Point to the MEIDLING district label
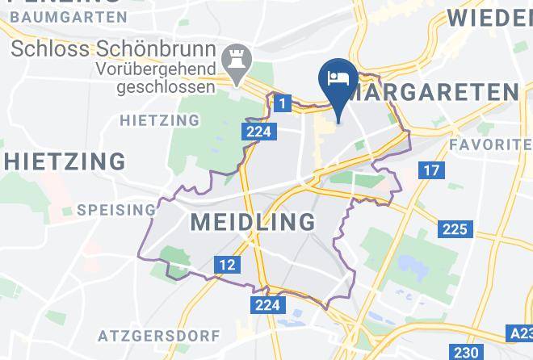pyautogui.click(x=253, y=221)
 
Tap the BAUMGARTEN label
pyautogui.click(x=69, y=16)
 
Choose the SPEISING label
pyautogui.click(x=116, y=210)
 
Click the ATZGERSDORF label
pyautogui.click(x=147, y=334)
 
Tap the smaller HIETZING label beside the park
pyautogui.click(x=159, y=120)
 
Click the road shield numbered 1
pyautogui.click(x=281, y=103)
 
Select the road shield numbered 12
pyautogui.click(x=227, y=264)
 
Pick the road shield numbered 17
pyautogui.click(x=432, y=170)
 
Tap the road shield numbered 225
pyautogui.click(x=455, y=229)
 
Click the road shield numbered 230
pyautogui.click(x=465, y=353)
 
